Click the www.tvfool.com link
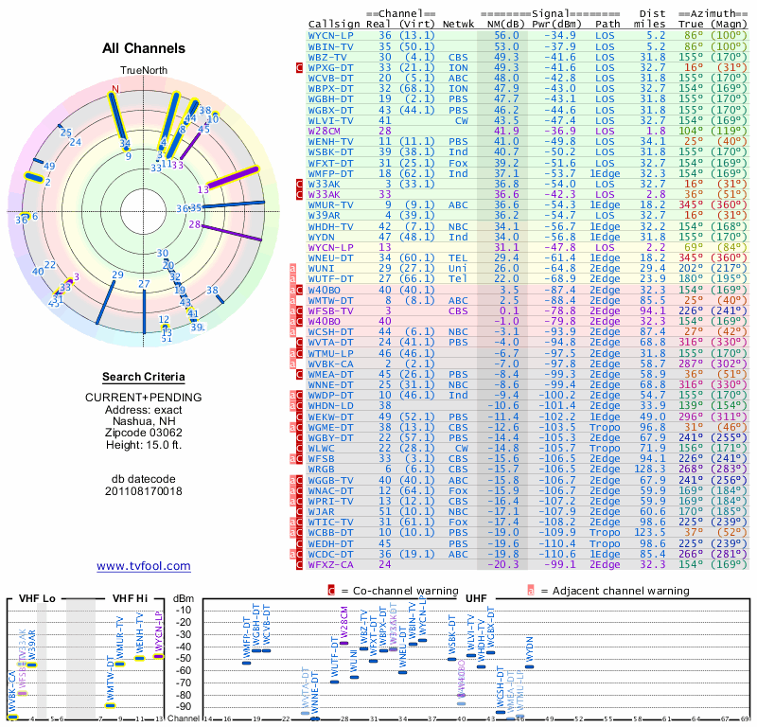pyautogui.click(x=144, y=566)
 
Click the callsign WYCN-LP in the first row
pyautogui.click(x=331, y=35)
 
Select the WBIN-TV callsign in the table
pyautogui.click(x=331, y=45)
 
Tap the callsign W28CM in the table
pyautogui.click(x=324, y=131)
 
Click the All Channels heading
pyautogui.click(x=144, y=48)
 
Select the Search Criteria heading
pyautogui.click(x=144, y=377)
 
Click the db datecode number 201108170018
pyautogui.click(x=144, y=491)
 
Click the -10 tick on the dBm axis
pyautogui.click(x=183, y=610)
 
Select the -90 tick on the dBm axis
pyautogui.click(x=183, y=706)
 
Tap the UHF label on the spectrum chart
pyautogui.click(x=476, y=599)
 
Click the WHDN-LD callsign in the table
pyautogui.click(x=331, y=406)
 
